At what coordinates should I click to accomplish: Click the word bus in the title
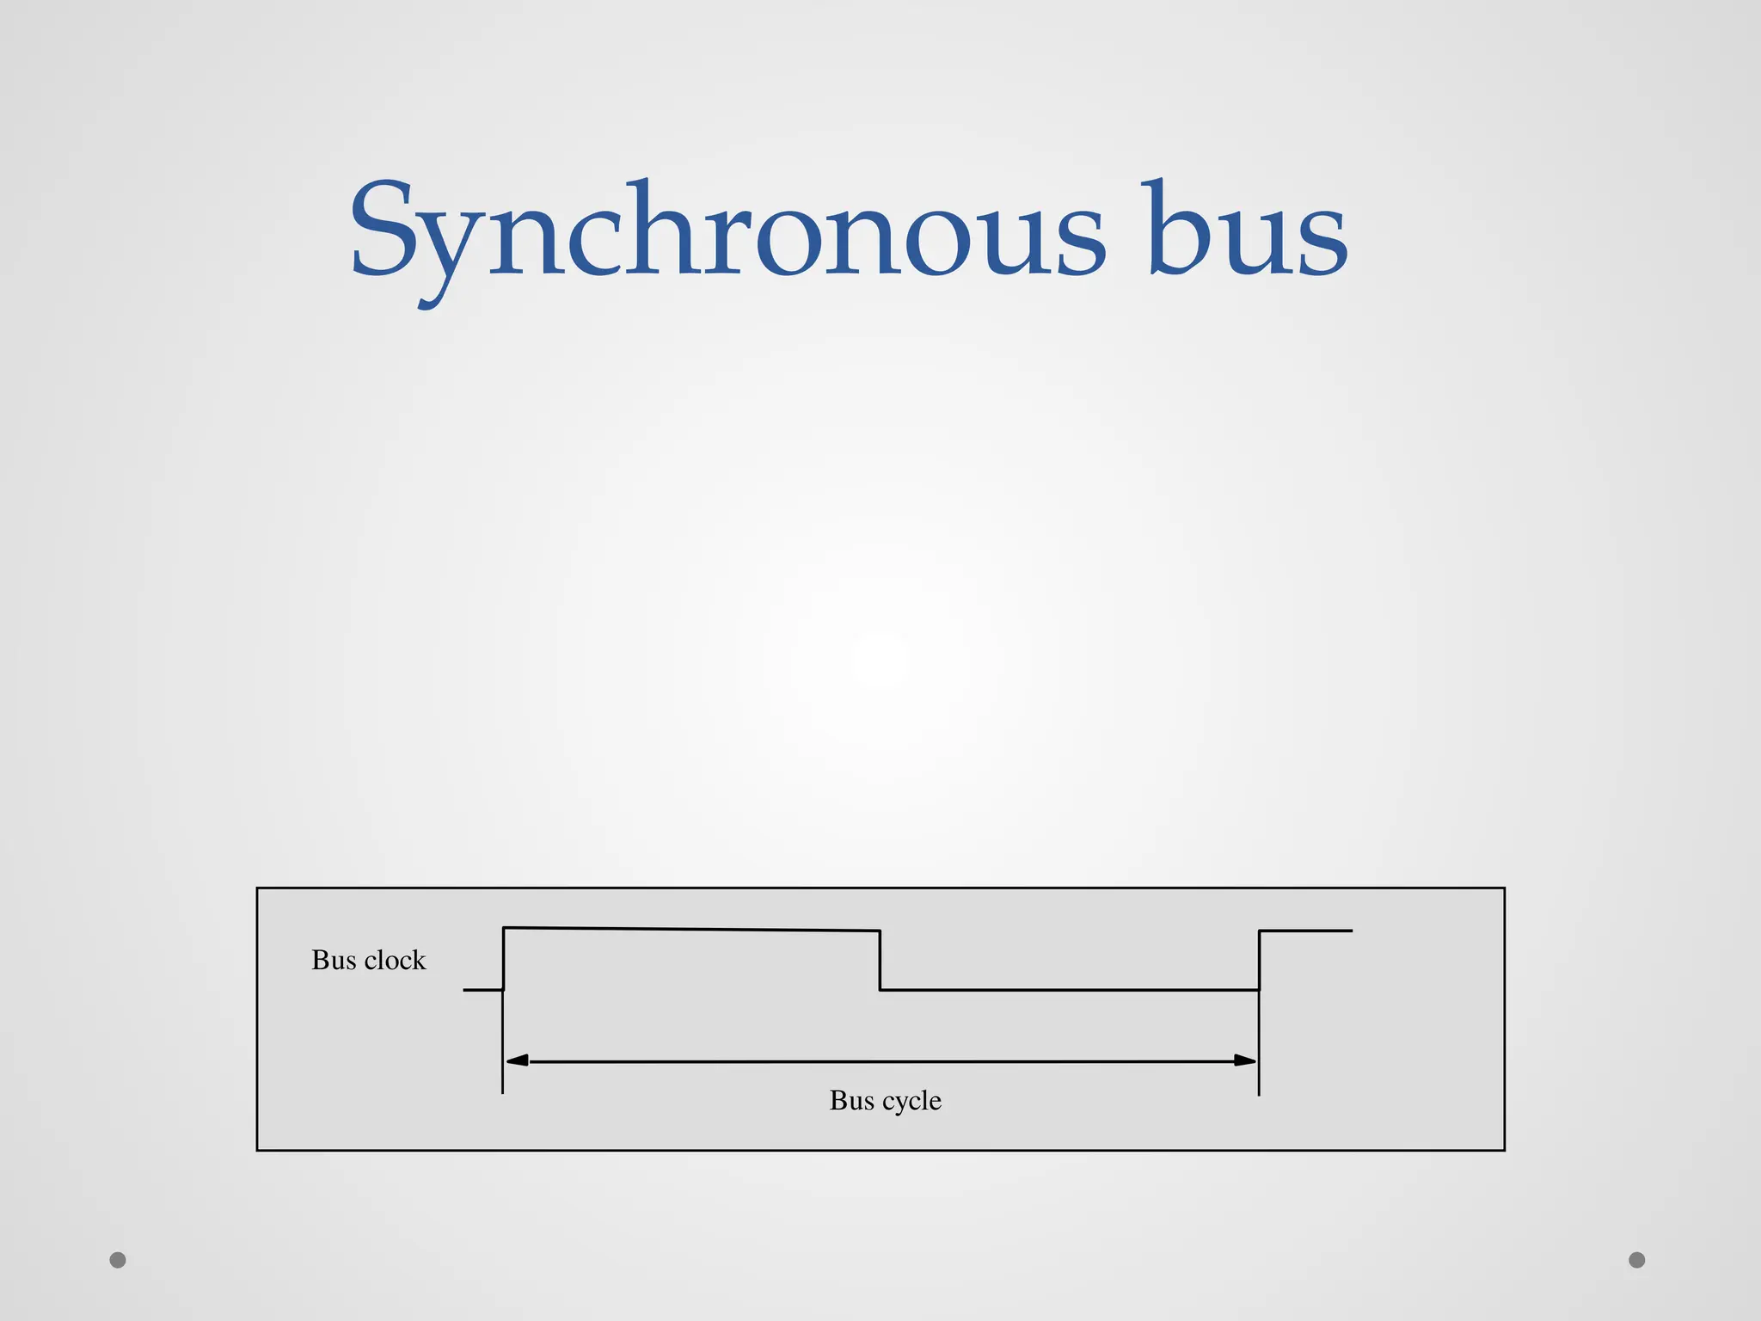pos(1247,230)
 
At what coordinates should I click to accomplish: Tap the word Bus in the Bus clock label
pos(334,960)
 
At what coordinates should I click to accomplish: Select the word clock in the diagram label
pos(396,960)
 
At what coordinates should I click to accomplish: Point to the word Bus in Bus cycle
pos(851,1100)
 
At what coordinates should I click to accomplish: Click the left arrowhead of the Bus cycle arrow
pos(518,1060)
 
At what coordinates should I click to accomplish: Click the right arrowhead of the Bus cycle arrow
pos(1244,1060)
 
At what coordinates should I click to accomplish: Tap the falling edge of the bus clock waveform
pos(880,960)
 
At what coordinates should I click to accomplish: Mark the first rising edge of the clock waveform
pos(503,958)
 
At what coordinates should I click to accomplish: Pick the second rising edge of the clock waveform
pos(1259,960)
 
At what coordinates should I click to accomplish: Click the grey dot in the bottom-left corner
pos(118,1260)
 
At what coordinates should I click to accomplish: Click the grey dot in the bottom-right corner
pos(1637,1260)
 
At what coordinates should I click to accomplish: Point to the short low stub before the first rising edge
pos(482,990)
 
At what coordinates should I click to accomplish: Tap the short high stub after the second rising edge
pos(1305,931)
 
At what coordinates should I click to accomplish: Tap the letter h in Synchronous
pos(658,228)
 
